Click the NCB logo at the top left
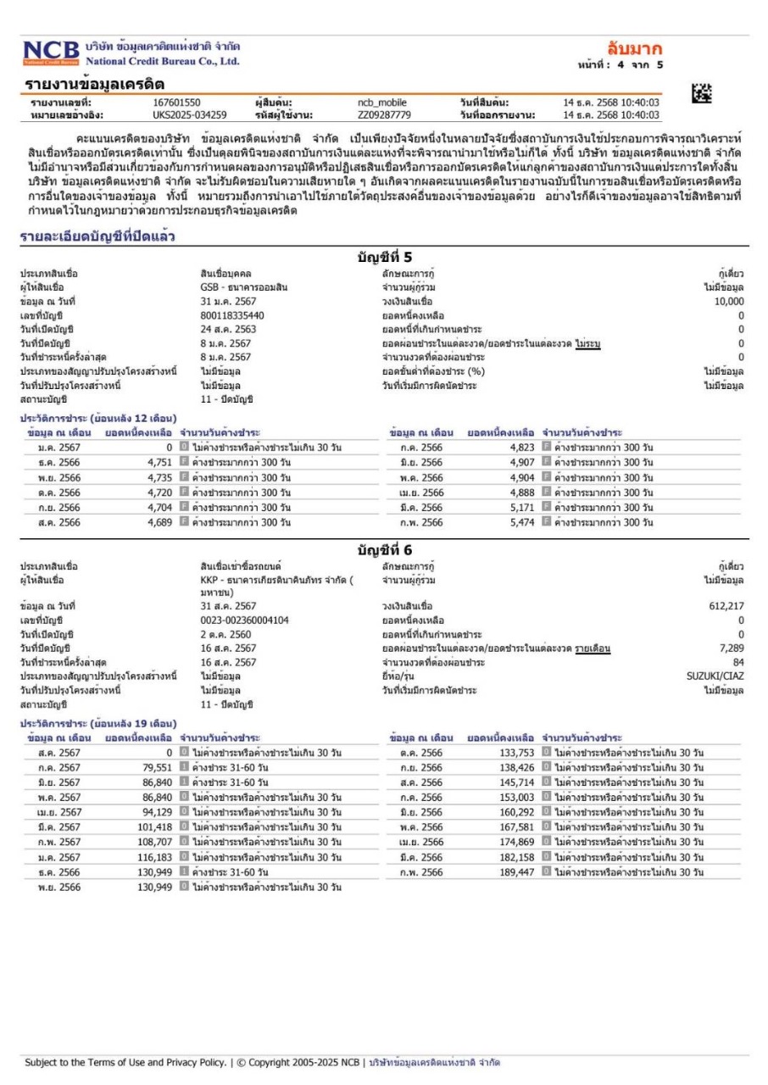point(50,53)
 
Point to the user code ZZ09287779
point(383,114)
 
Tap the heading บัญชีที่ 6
point(383,551)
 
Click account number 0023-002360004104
point(239,620)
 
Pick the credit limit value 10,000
point(728,301)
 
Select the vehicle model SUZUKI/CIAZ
point(715,676)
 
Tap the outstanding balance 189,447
point(517,871)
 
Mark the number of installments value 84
point(737,662)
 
